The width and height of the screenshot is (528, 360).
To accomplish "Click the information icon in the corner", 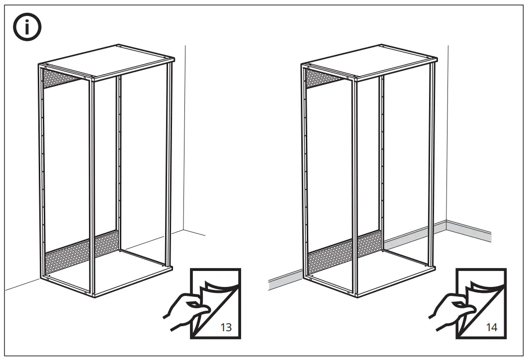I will (27, 28).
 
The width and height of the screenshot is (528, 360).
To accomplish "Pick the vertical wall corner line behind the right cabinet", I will (447, 139).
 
